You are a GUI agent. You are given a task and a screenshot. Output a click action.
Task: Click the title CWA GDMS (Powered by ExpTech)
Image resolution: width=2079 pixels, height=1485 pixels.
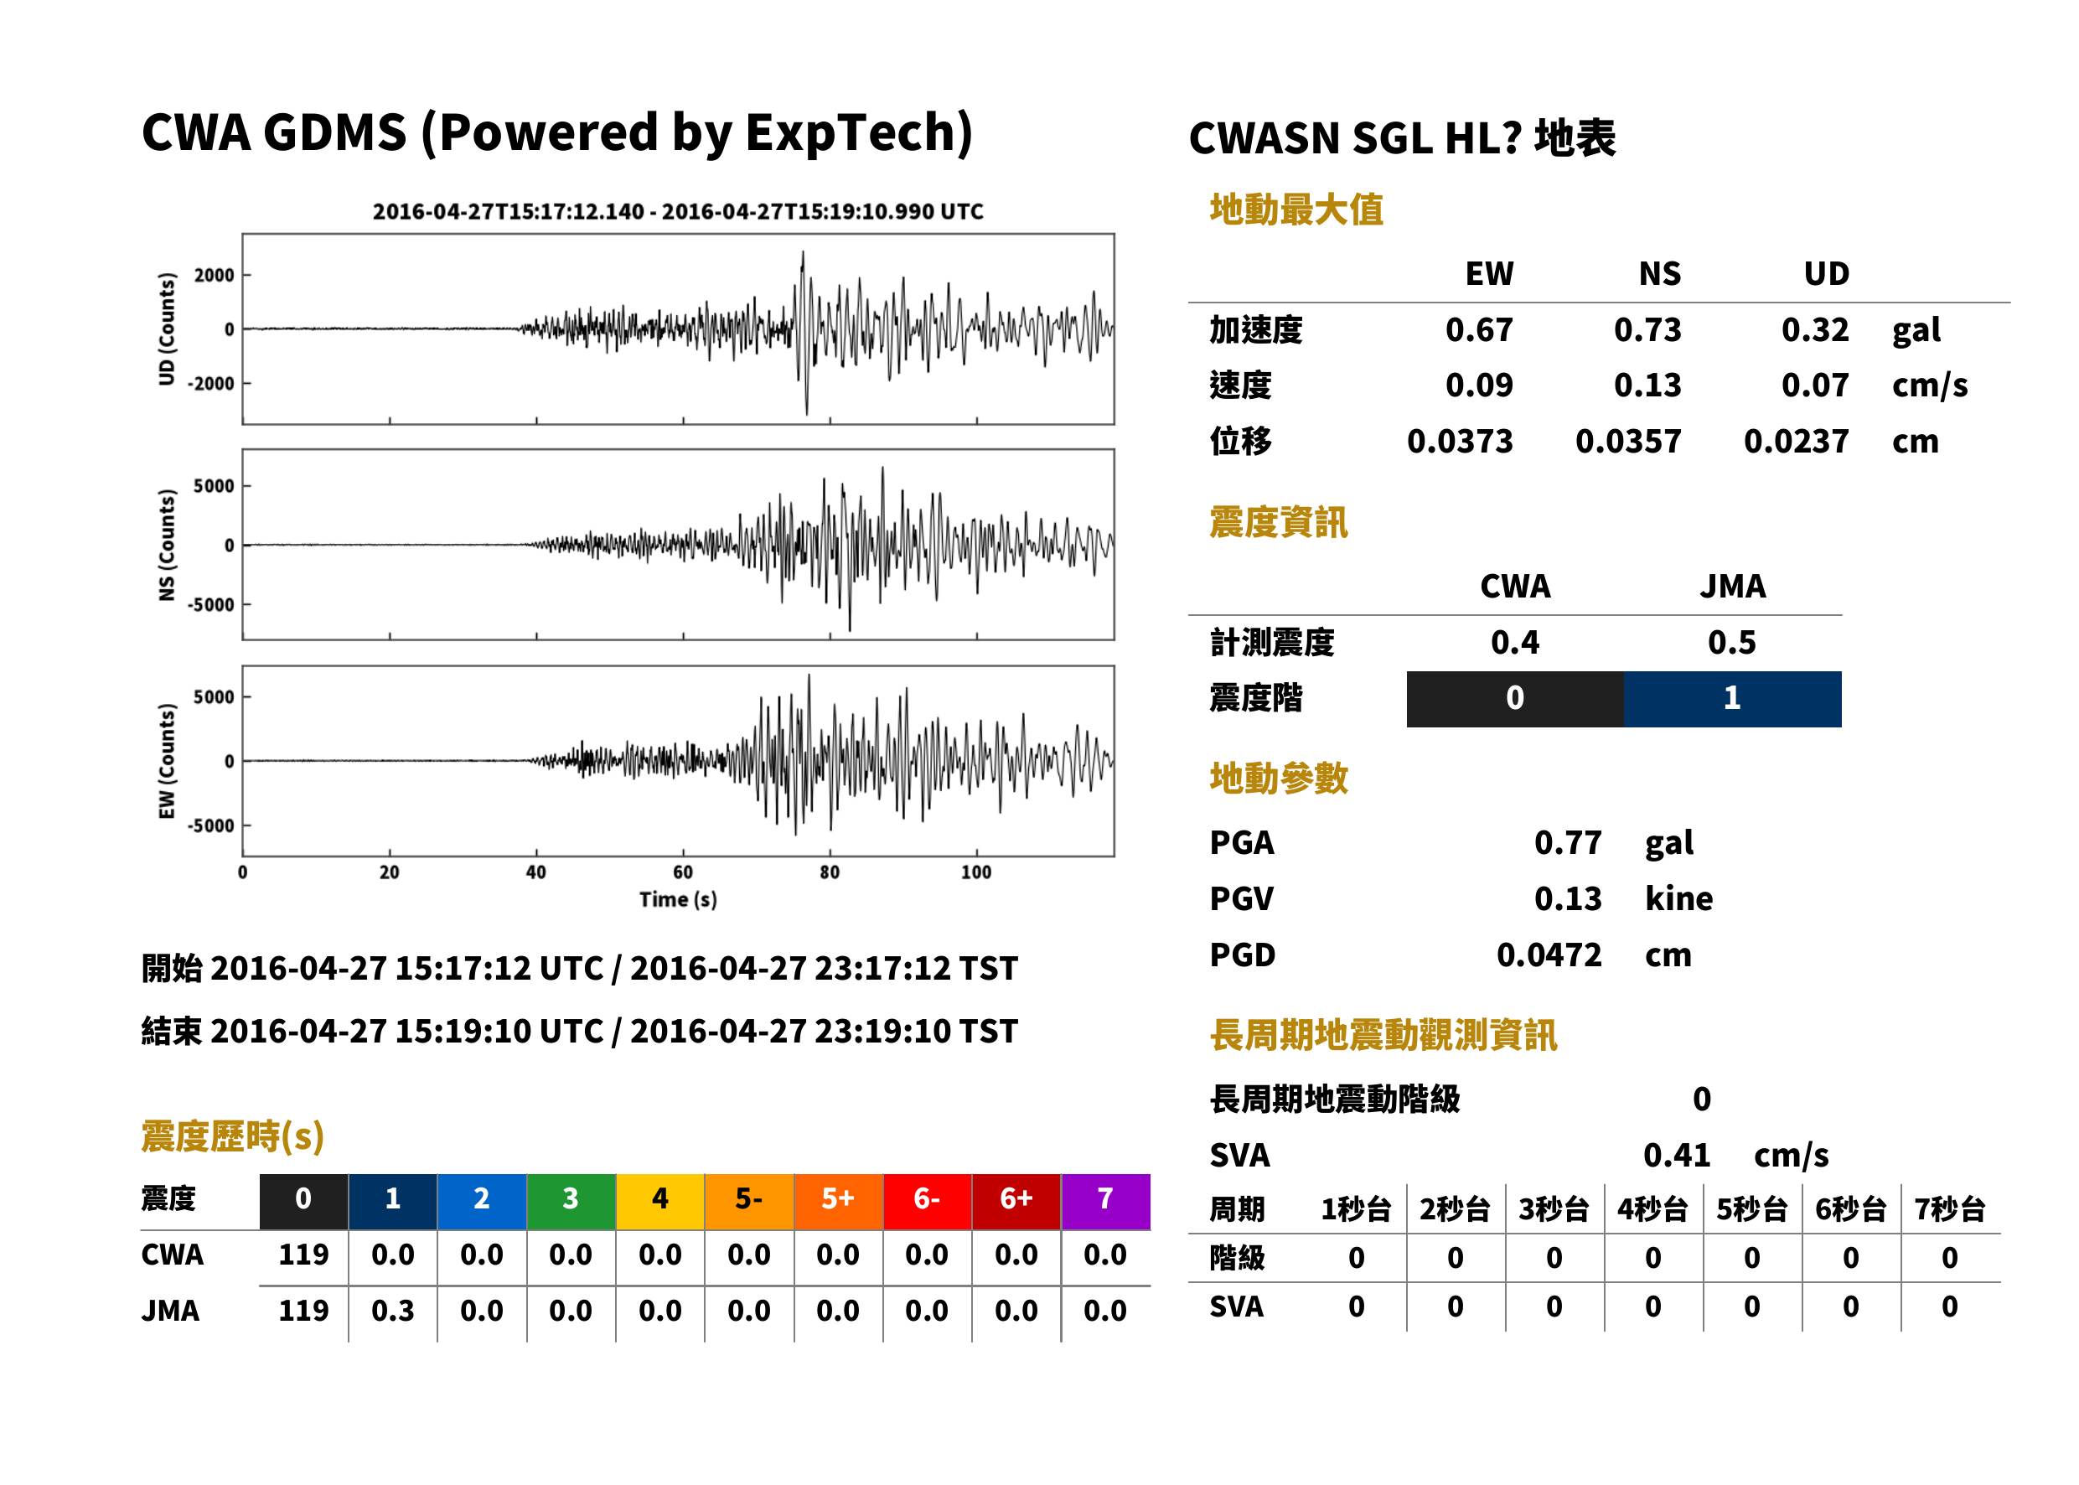point(556,133)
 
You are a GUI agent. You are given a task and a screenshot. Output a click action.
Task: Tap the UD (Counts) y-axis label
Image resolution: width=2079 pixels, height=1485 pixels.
point(167,329)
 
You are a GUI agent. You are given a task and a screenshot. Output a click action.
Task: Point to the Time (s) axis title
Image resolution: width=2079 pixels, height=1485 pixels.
point(677,900)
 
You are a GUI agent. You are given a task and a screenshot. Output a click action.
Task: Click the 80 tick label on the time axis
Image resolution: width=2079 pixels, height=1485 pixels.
point(830,872)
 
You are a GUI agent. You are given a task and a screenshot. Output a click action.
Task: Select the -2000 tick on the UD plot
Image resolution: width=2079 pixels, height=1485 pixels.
point(211,384)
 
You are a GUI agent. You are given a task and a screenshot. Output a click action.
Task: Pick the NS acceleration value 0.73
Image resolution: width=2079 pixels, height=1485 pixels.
point(1647,330)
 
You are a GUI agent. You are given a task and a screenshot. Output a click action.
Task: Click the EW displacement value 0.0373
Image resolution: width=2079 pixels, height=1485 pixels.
point(1460,442)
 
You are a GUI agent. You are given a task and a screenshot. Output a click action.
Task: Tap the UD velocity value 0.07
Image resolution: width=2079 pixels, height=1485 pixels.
point(1815,385)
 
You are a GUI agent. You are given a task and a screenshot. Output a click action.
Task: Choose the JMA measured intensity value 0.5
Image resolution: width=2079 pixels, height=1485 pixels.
point(1731,643)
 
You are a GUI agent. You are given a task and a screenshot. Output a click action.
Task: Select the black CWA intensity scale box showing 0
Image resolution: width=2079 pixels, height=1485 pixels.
point(1515,700)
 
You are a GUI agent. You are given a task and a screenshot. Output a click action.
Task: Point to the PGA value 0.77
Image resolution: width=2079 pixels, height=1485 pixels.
point(1568,843)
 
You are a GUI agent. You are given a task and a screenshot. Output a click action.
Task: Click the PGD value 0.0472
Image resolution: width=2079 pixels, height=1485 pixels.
point(1549,955)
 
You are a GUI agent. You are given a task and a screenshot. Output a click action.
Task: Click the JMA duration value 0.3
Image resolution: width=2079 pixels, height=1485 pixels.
point(392,1312)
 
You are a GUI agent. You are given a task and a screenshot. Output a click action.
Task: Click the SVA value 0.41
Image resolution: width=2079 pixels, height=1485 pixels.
point(1677,1156)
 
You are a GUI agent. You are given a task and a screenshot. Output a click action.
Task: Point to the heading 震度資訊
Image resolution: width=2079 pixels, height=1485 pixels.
point(1278,523)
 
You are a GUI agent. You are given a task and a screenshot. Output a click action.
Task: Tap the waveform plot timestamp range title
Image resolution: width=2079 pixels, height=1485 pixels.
point(677,212)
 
